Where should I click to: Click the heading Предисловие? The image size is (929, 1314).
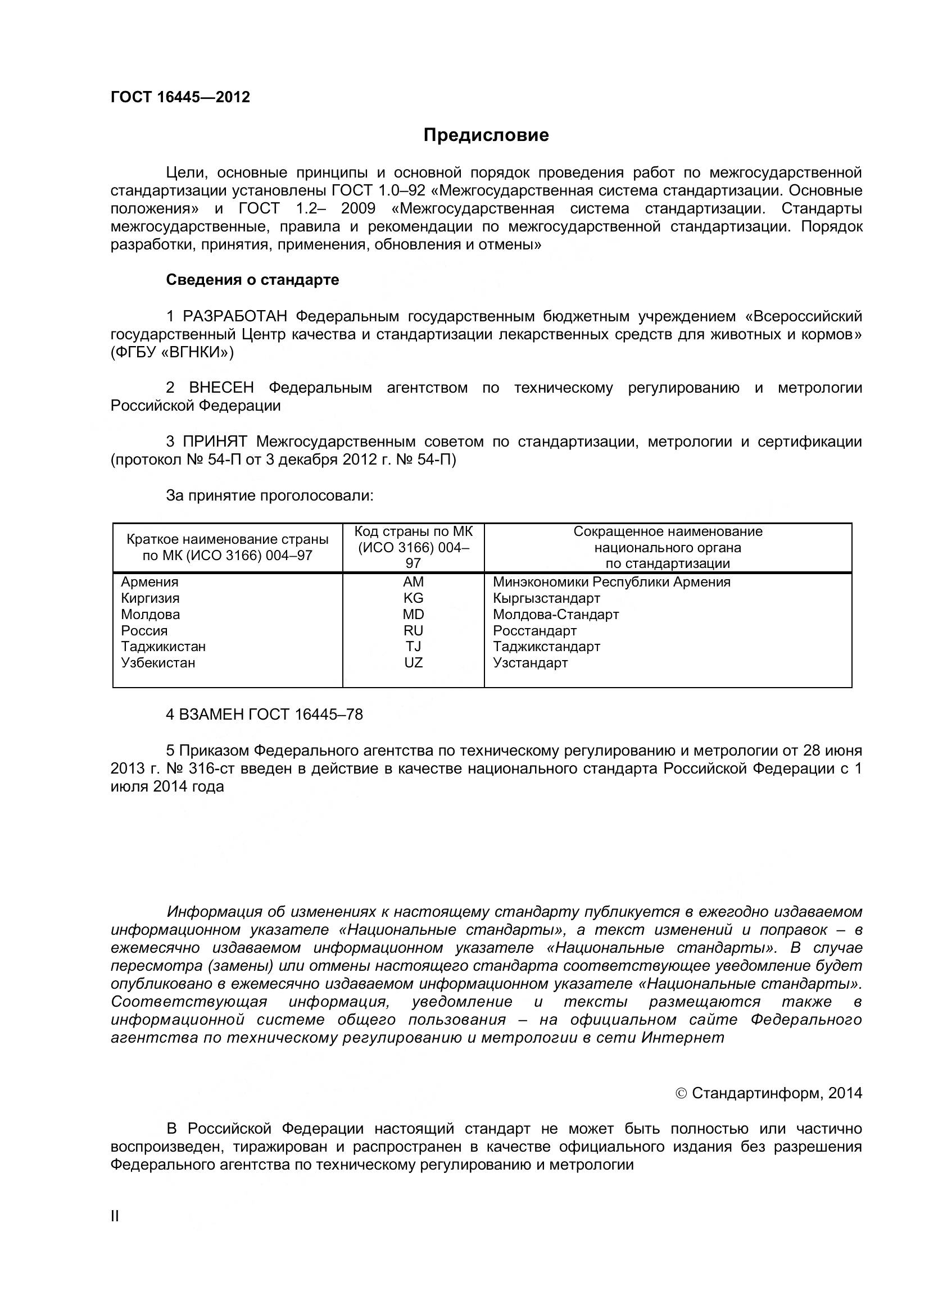(x=486, y=135)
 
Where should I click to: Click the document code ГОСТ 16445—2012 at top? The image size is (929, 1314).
(x=180, y=97)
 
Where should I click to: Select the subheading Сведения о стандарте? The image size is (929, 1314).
(x=252, y=280)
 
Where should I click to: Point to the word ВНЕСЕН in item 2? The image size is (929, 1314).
(x=221, y=388)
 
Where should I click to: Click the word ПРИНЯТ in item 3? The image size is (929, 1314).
(x=215, y=442)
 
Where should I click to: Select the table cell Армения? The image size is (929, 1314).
(x=149, y=582)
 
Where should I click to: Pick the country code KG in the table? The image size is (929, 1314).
(x=413, y=598)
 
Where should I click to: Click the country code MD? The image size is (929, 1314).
(x=413, y=614)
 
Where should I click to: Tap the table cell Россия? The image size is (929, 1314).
(x=144, y=631)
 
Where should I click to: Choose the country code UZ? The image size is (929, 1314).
(x=413, y=663)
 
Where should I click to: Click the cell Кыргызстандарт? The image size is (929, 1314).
(x=546, y=598)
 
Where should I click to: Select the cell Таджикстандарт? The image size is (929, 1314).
(x=546, y=647)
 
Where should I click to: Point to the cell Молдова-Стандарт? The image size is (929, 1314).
(x=555, y=614)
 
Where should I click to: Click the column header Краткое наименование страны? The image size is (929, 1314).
(x=227, y=540)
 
